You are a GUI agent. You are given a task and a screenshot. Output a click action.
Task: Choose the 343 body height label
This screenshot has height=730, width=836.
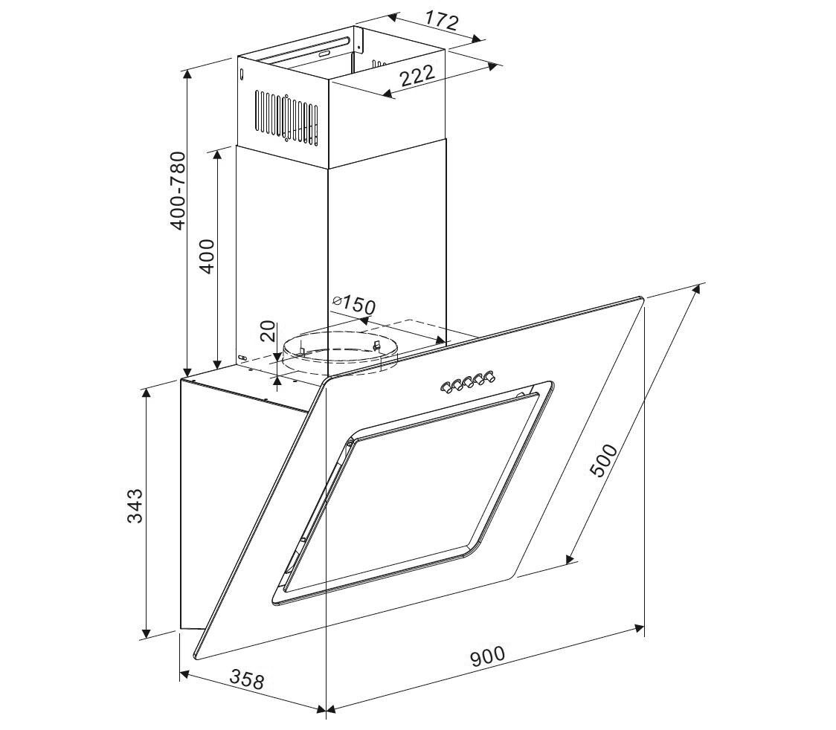coord(135,505)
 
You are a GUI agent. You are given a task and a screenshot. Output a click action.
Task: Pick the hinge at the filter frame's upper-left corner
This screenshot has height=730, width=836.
coord(348,444)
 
